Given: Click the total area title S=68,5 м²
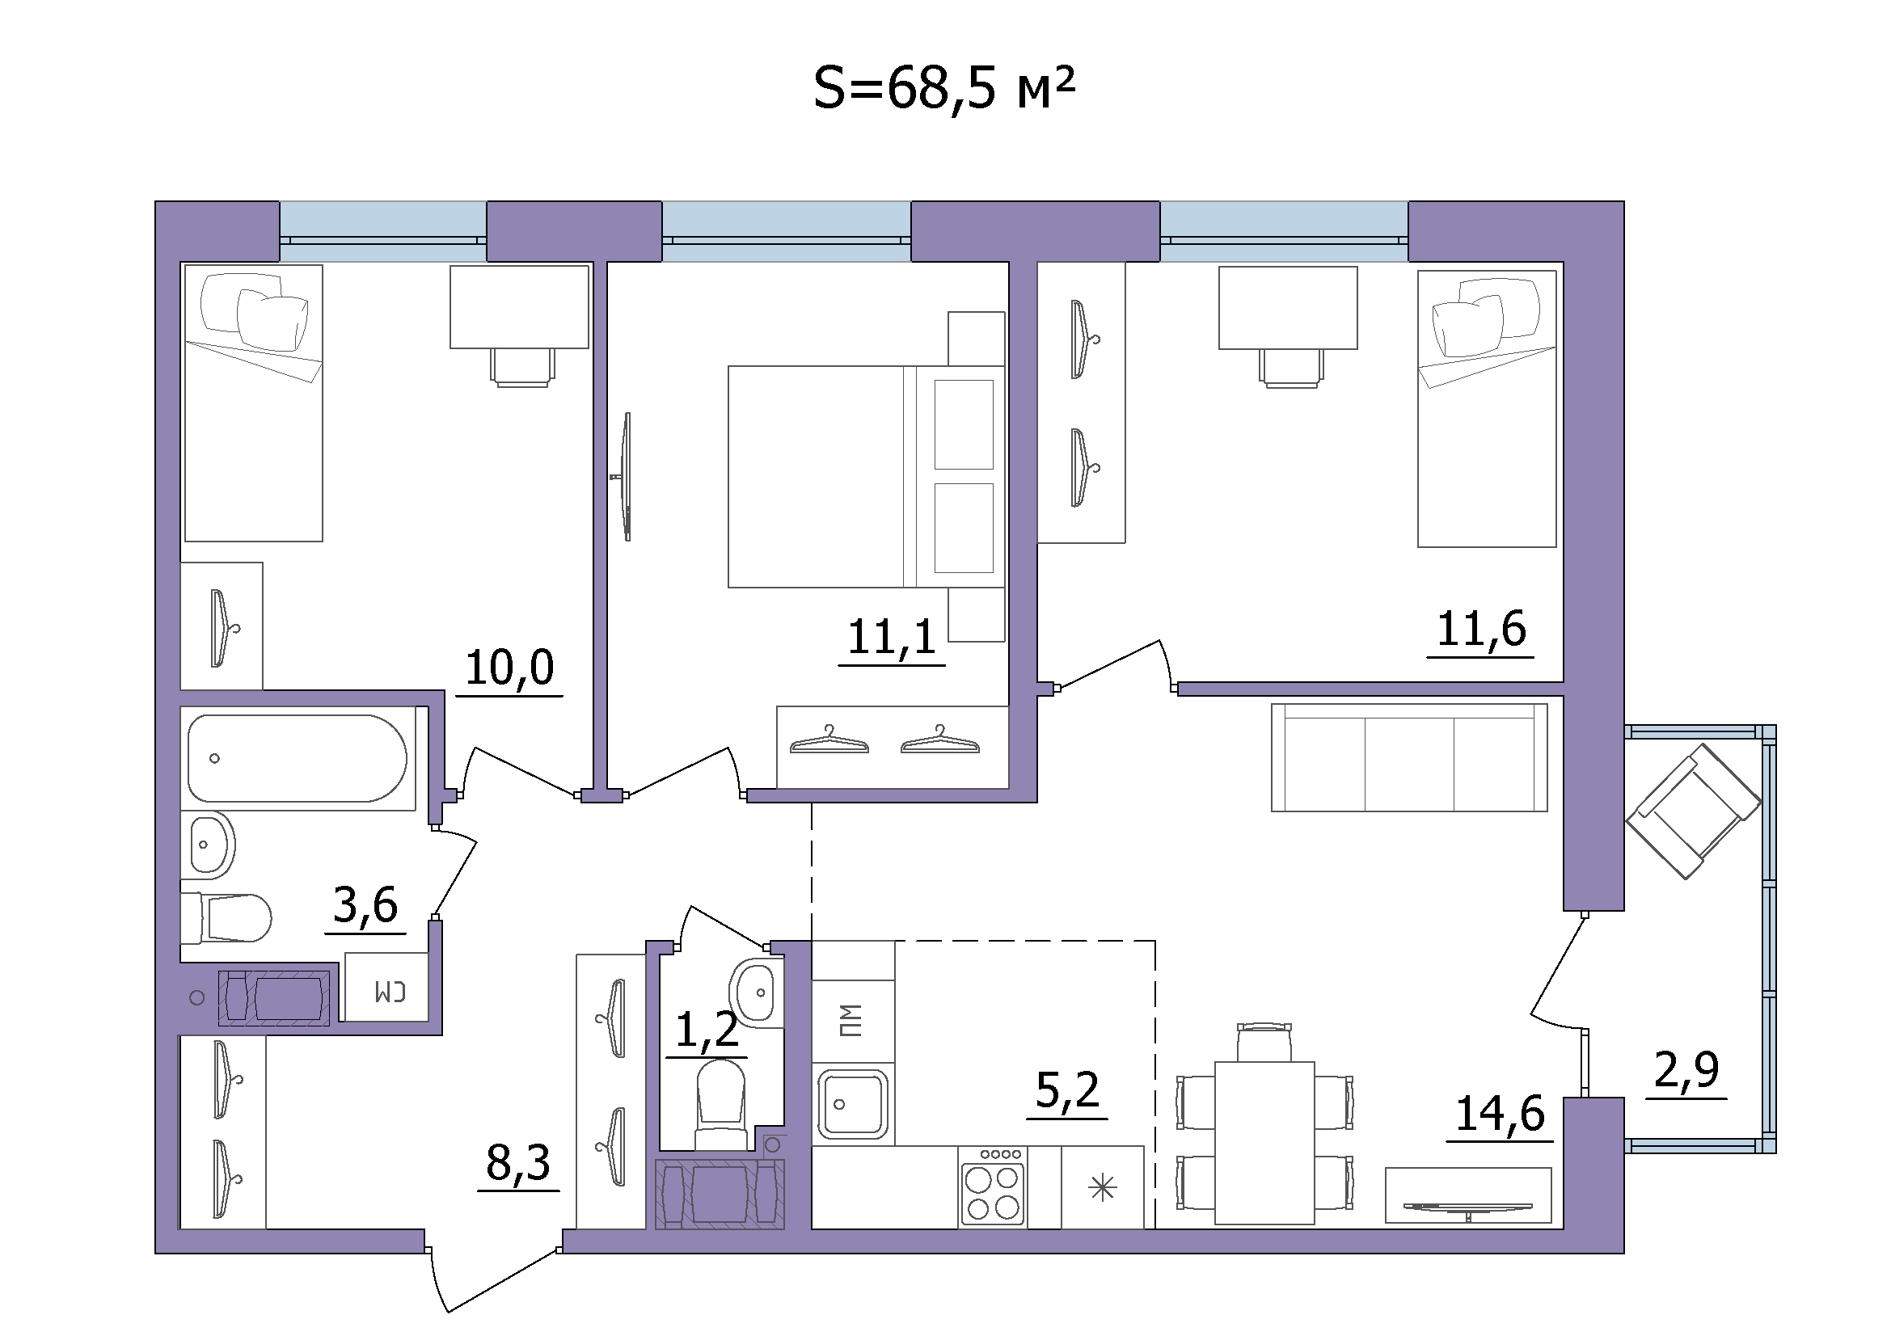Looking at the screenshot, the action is tap(943, 88).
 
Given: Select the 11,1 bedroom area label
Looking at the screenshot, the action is tap(892, 636).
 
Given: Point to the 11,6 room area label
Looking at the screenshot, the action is tap(1481, 629).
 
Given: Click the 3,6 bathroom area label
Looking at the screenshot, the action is tap(365, 904).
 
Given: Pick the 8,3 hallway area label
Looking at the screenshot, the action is tap(518, 1162).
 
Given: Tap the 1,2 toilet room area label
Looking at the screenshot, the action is tap(707, 1029).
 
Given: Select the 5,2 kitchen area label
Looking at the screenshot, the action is tap(1067, 1090).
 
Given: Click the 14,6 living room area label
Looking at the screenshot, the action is tap(1500, 1114).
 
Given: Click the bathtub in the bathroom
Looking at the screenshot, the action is tap(298, 758).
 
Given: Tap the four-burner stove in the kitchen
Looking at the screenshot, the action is tap(994, 1186).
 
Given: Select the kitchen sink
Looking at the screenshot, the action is tap(852, 1104).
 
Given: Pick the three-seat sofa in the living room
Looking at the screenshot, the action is tap(1409, 757).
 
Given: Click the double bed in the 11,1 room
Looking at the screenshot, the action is tap(867, 477).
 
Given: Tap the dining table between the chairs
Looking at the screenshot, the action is tap(1264, 1143).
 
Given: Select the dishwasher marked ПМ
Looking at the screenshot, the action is tap(852, 1021).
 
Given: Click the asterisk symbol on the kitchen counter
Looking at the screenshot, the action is tap(1102, 1188).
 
